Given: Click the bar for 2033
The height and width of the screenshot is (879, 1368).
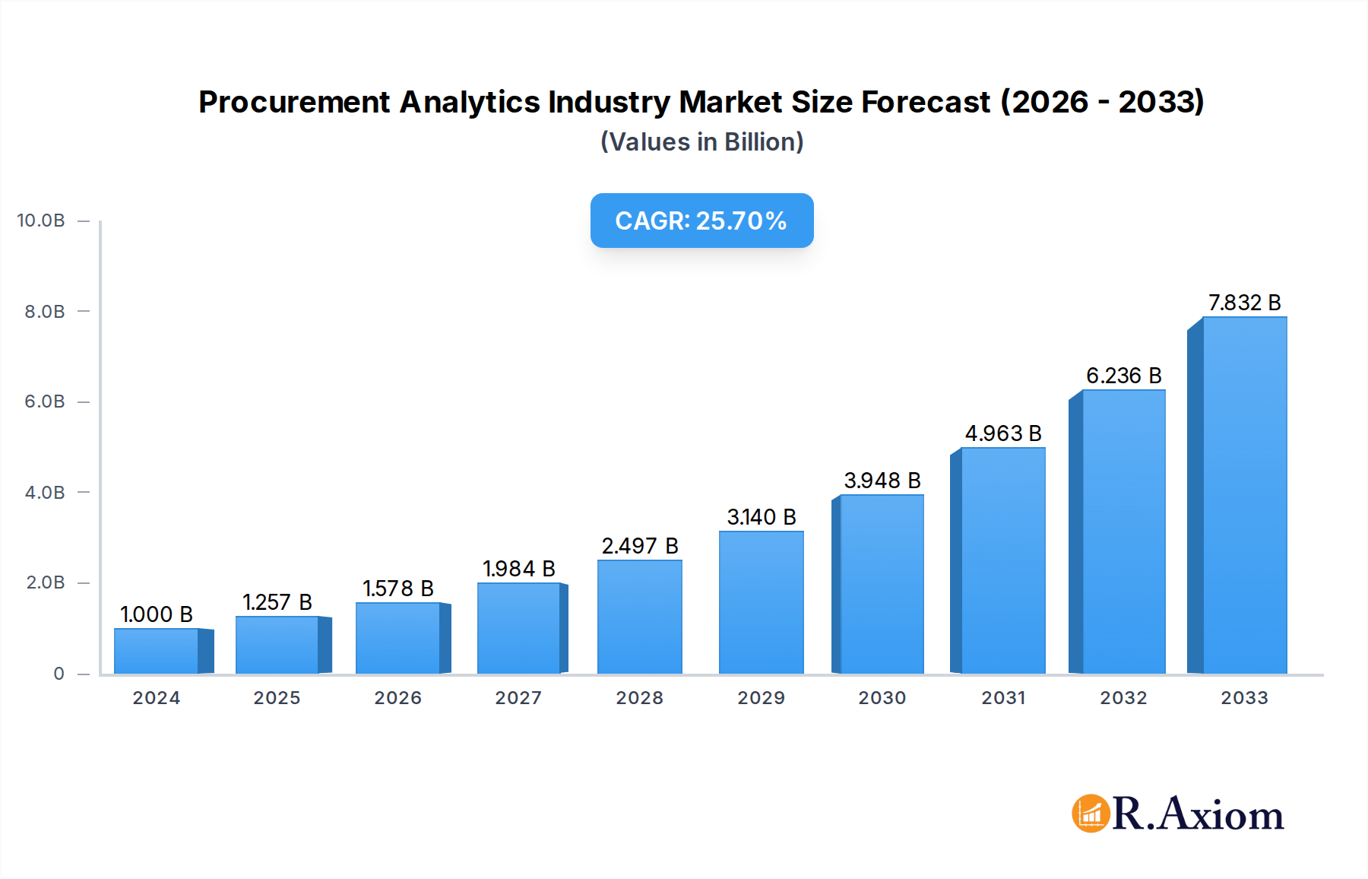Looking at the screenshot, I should click(x=1244, y=495).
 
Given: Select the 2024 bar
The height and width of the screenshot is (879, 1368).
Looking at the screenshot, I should click(x=157, y=651).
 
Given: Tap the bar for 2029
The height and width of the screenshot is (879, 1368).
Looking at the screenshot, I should click(x=761, y=602).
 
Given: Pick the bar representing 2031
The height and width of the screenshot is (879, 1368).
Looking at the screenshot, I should click(x=1002, y=560).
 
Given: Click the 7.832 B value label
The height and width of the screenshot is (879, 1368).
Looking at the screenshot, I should click(x=1244, y=303).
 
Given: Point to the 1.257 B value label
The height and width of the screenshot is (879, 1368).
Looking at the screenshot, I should click(x=277, y=602).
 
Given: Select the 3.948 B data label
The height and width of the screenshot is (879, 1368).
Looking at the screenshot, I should click(x=882, y=481).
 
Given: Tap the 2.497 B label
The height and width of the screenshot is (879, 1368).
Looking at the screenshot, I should click(x=639, y=546).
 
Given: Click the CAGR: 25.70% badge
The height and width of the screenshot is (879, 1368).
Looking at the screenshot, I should click(x=701, y=221).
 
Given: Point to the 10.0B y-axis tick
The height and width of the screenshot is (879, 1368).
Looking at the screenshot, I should click(x=41, y=221).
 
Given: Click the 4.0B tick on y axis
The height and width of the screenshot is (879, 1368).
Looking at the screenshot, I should click(x=45, y=493).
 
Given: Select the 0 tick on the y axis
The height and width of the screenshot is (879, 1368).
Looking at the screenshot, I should click(x=59, y=674).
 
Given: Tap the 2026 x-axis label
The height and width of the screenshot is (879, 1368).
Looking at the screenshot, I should click(x=397, y=698).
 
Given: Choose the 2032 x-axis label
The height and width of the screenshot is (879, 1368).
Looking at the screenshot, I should click(x=1123, y=698).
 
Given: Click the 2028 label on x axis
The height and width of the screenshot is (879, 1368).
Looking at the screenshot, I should click(x=639, y=698).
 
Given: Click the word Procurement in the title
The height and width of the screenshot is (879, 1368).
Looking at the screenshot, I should click(x=294, y=102).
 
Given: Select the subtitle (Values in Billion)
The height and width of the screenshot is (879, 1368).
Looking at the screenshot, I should click(x=701, y=142).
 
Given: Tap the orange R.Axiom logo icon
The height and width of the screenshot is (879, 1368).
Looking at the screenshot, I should click(x=1091, y=814).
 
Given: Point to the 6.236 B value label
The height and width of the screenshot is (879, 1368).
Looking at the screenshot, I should click(x=1123, y=376).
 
